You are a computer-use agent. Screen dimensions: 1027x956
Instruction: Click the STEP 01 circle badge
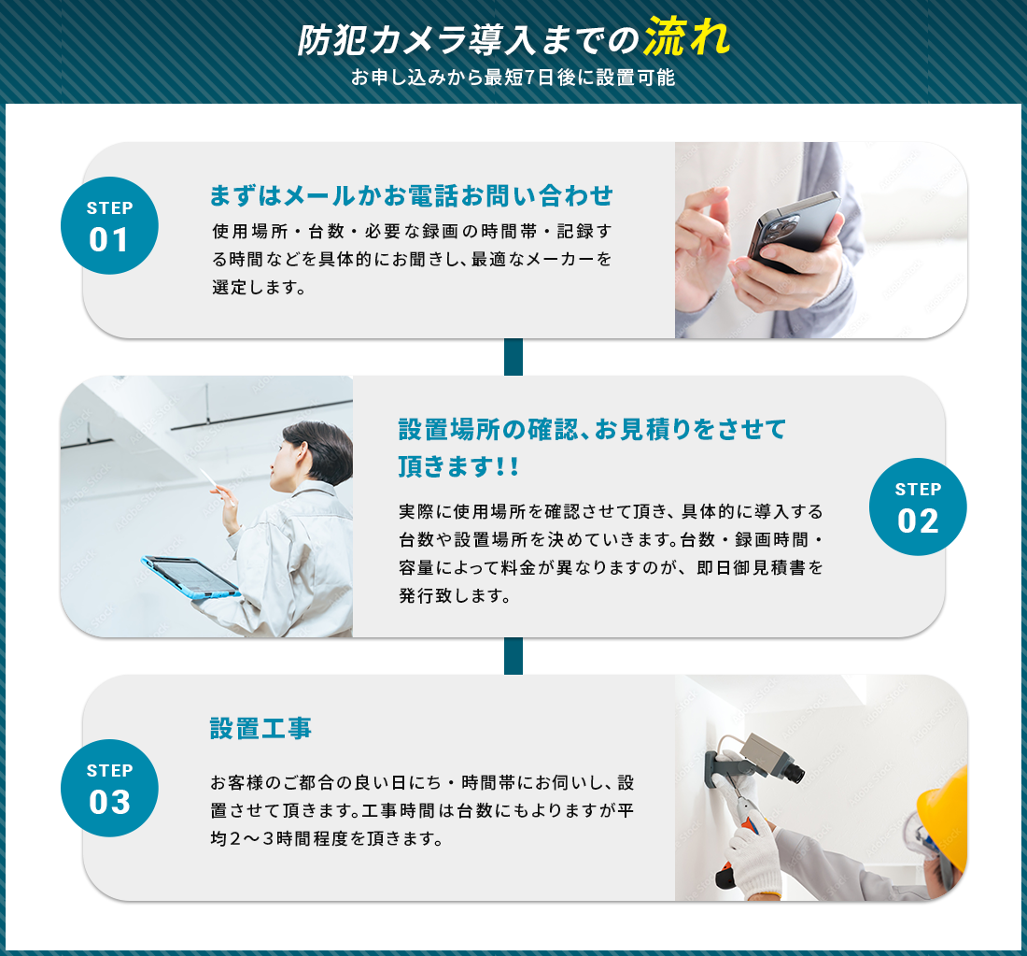coord(109,225)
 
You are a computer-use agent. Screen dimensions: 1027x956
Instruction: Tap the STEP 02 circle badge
coord(918,507)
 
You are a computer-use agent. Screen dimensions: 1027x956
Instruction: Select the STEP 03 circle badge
coord(109,788)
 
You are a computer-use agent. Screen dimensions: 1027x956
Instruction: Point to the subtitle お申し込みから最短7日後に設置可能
coord(513,78)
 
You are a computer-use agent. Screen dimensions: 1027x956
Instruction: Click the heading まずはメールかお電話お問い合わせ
coord(412,195)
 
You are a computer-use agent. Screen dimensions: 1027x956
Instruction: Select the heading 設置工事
coord(260,729)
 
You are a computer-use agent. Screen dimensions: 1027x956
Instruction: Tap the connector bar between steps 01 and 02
coord(513,357)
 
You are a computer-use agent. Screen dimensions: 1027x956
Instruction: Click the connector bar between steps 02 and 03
coord(513,656)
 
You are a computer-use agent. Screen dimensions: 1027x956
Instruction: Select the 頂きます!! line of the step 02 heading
coord(458,467)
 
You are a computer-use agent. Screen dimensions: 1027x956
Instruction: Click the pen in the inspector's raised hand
coord(217,486)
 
